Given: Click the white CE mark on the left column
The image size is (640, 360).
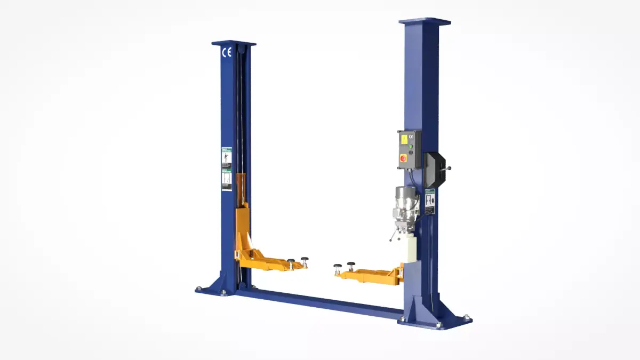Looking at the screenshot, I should click(227, 52).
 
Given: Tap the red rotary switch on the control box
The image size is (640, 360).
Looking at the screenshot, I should click(404, 158).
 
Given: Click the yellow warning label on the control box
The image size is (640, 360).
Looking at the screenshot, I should click(404, 139).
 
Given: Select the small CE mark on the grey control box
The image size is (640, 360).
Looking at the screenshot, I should click(411, 137).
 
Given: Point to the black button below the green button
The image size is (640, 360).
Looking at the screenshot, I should click(411, 152).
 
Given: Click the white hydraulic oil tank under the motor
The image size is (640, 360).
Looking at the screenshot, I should click(410, 249).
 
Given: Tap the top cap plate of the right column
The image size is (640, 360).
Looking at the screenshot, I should click(425, 22).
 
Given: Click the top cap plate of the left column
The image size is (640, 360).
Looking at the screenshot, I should click(234, 43).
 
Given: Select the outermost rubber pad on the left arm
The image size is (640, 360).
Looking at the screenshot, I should click(305, 260).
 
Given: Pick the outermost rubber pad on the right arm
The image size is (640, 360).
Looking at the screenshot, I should click(338, 266).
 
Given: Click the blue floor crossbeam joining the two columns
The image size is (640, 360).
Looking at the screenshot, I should click(320, 303).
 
